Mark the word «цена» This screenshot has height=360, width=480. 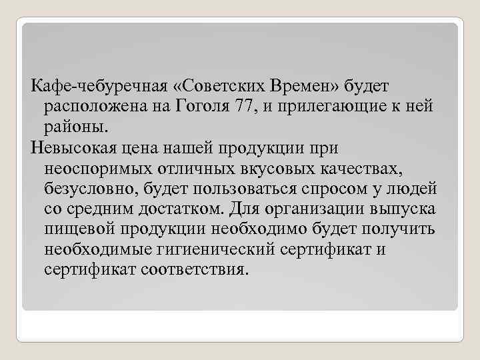pos(155,145)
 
